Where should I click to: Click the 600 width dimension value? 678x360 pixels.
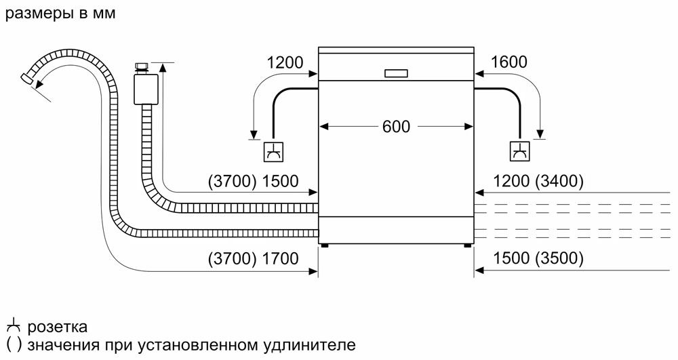396,126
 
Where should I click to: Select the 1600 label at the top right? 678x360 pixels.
509,62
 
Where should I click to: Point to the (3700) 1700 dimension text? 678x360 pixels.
254,258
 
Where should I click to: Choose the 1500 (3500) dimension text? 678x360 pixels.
539,258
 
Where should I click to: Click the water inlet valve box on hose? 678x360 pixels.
144,89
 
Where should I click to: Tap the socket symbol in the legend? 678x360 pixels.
13,327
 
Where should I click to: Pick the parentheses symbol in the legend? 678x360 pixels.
14,345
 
